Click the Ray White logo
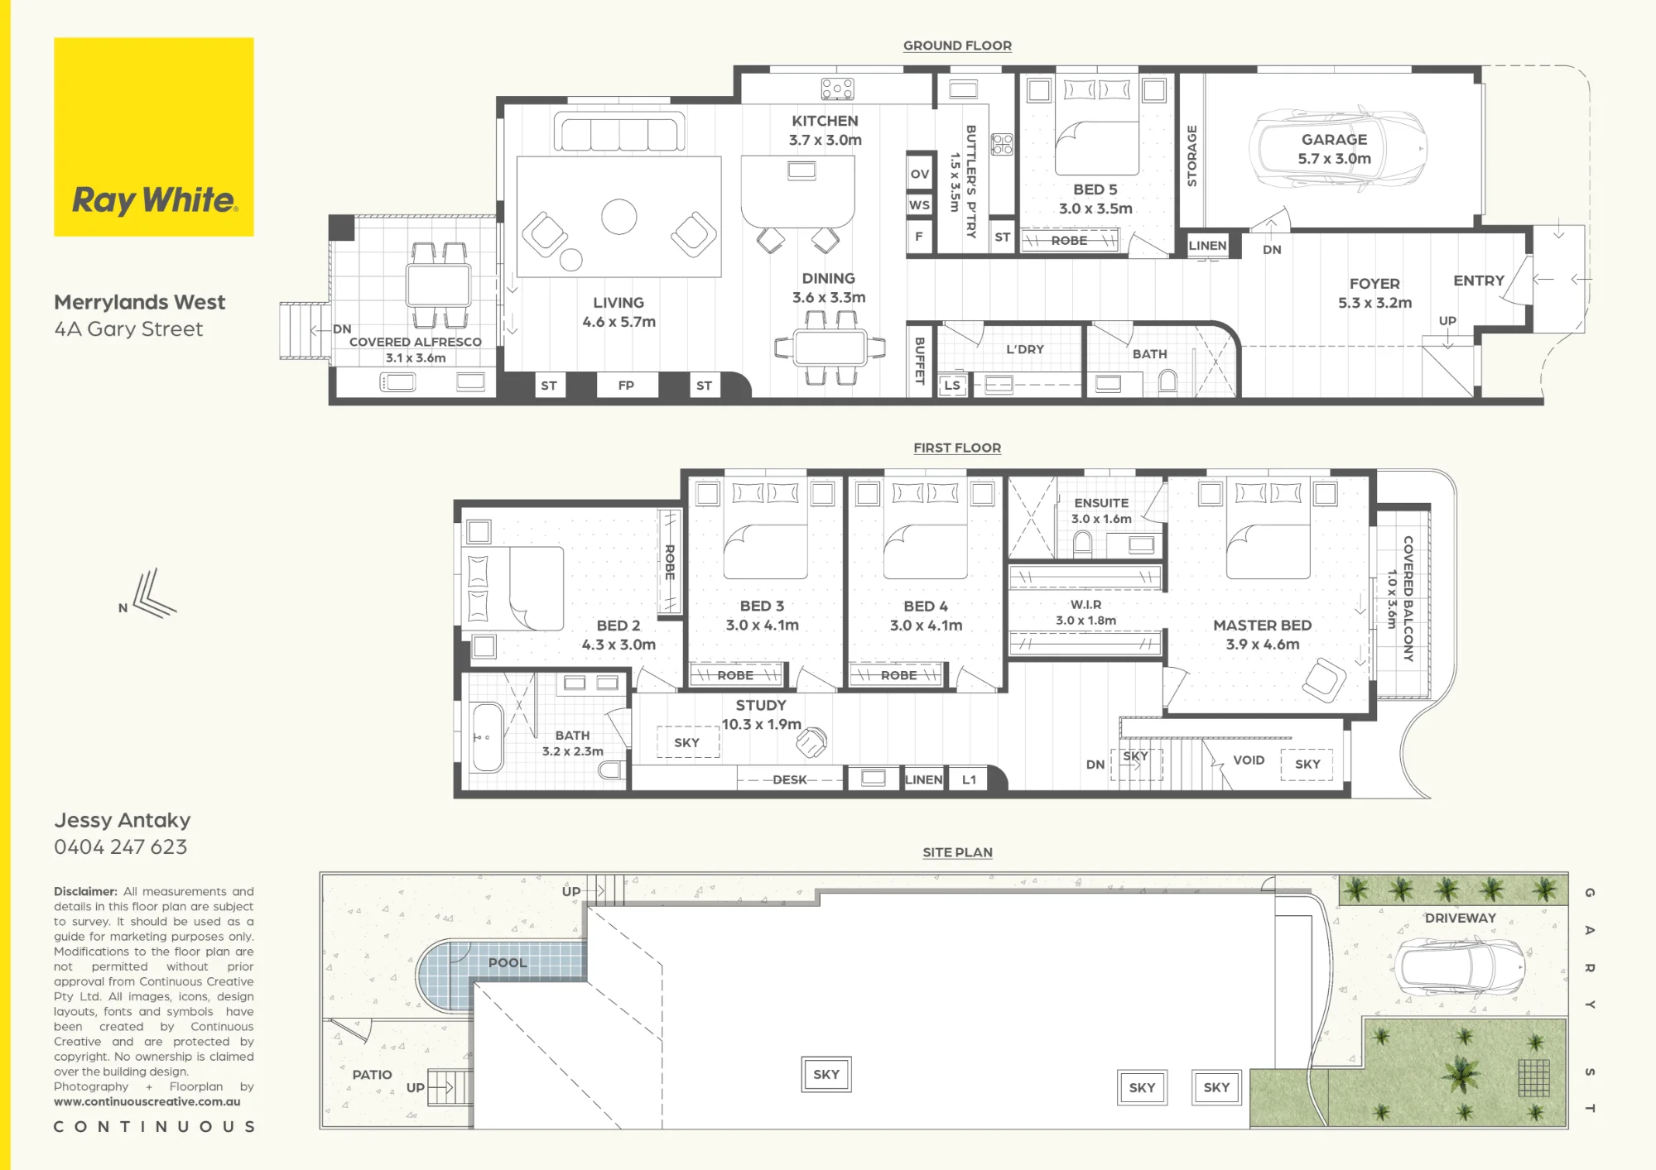pyautogui.click(x=154, y=137)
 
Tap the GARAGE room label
pyautogui.click(x=1334, y=140)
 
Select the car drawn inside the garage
pyautogui.click(x=1338, y=149)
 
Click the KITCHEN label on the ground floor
pyautogui.click(x=825, y=121)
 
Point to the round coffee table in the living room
pyautogui.click(x=619, y=217)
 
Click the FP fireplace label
pyautogui.click(x=626, y=386)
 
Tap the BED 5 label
pyautogui.click(x=1095, y=189)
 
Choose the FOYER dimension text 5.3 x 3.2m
pyautogui.click(x=1374, y=303)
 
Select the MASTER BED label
pyautogui.click(x=1262, y=626)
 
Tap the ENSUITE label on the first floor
pyautogui.click(x=1101, y=503)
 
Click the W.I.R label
pyautogui.click(x=1086, y=605)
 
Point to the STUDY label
pyautogui.click(x=761, y=706)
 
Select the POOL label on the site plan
pyautogui.click(x=508, y=963)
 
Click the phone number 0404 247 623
pyautogui.click(x=121, y=846)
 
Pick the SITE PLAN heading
pyautogui.click(x=957, y=852)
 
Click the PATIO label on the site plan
pyautogui.click(x=372, y=1075)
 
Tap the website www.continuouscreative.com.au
pyautogui.click(x=147, y=1102)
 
